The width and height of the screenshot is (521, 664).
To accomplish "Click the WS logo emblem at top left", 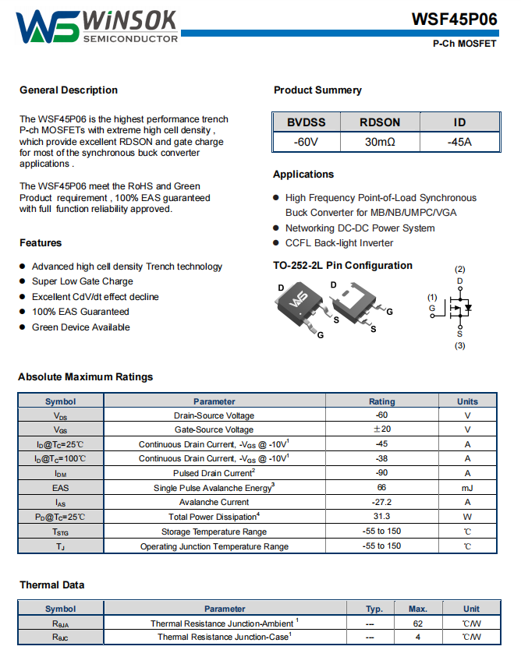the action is point(48,26).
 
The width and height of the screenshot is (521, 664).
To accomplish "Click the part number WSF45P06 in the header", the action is point(455,19).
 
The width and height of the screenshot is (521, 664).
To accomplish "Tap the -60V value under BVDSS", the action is point(306,142).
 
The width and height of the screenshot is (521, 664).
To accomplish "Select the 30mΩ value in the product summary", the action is point(380,142).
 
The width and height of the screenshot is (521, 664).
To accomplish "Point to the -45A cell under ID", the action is point(459,142).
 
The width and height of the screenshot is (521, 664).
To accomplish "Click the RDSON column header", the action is point(380,122).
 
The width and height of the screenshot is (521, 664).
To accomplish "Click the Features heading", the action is point(41,242).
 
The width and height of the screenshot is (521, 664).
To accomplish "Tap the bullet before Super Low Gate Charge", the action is point(23,281).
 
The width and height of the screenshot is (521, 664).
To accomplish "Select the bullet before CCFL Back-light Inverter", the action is point(276,242).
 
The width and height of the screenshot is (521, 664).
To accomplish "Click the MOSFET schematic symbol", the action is point(455,308).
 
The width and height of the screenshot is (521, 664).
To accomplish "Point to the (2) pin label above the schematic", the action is point(460,270).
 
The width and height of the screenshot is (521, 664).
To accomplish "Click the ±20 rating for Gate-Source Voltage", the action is point(382,429).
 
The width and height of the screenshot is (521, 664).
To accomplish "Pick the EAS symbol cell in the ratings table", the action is point(60,488).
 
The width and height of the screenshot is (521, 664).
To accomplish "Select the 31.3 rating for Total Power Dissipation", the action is point(381,516).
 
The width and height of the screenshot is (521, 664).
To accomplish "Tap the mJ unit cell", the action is point(467,489).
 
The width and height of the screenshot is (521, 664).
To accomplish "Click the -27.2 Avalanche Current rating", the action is point(381,502).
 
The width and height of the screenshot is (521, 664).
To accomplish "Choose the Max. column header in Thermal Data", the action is point(418,609).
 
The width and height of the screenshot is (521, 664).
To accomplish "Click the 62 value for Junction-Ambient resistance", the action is point(418,623).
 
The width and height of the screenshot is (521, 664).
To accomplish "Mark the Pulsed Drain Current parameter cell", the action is point(214,473).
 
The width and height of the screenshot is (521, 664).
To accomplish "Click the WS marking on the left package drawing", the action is point(299,299).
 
